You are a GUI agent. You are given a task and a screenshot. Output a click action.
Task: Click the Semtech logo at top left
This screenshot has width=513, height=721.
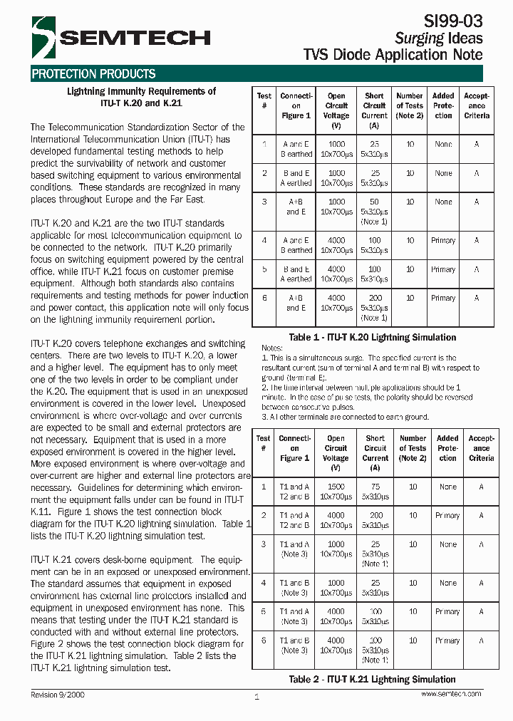[120, 38]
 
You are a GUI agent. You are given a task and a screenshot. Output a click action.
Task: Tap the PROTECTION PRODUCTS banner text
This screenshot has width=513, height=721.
[93, 74]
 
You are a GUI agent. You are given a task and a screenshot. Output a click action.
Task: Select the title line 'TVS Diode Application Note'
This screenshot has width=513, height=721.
[393, 55]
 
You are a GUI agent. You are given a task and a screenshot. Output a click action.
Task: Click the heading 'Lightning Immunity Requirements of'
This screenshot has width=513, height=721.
[141, 91]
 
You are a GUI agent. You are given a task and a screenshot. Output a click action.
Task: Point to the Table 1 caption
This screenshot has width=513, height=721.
[372, 337]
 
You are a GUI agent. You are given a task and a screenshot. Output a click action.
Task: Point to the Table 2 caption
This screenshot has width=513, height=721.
[372, 679]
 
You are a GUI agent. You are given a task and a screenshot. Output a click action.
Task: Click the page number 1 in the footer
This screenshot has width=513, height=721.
[256, 697]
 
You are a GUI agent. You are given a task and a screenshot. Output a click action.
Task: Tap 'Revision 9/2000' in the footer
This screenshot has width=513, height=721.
[58, 694]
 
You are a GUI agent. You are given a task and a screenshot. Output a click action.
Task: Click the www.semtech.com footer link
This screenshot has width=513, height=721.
[451, 693]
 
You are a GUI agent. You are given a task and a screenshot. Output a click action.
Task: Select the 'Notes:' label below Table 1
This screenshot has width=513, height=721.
[273, 348]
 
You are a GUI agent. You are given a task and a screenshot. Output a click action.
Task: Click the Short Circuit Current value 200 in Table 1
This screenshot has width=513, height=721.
[375, 298]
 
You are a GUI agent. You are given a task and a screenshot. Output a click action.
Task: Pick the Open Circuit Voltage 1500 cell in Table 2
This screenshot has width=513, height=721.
[336, 487]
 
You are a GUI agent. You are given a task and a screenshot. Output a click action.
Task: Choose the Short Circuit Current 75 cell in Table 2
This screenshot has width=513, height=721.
[375, 487]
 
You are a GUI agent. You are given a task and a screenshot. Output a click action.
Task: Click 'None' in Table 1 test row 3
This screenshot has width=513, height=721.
[443, 202]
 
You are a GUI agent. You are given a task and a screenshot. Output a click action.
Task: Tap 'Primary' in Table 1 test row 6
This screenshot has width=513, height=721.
[443, 298]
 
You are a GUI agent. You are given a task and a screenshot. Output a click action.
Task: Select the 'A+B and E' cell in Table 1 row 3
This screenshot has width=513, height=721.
[296, 207]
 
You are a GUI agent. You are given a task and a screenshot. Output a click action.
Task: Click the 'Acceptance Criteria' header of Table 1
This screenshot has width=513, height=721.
[477, 105]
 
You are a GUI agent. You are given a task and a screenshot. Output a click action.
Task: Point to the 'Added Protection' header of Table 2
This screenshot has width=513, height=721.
[447, 448]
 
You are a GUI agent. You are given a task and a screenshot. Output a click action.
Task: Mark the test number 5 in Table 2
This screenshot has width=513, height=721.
[264, 611]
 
